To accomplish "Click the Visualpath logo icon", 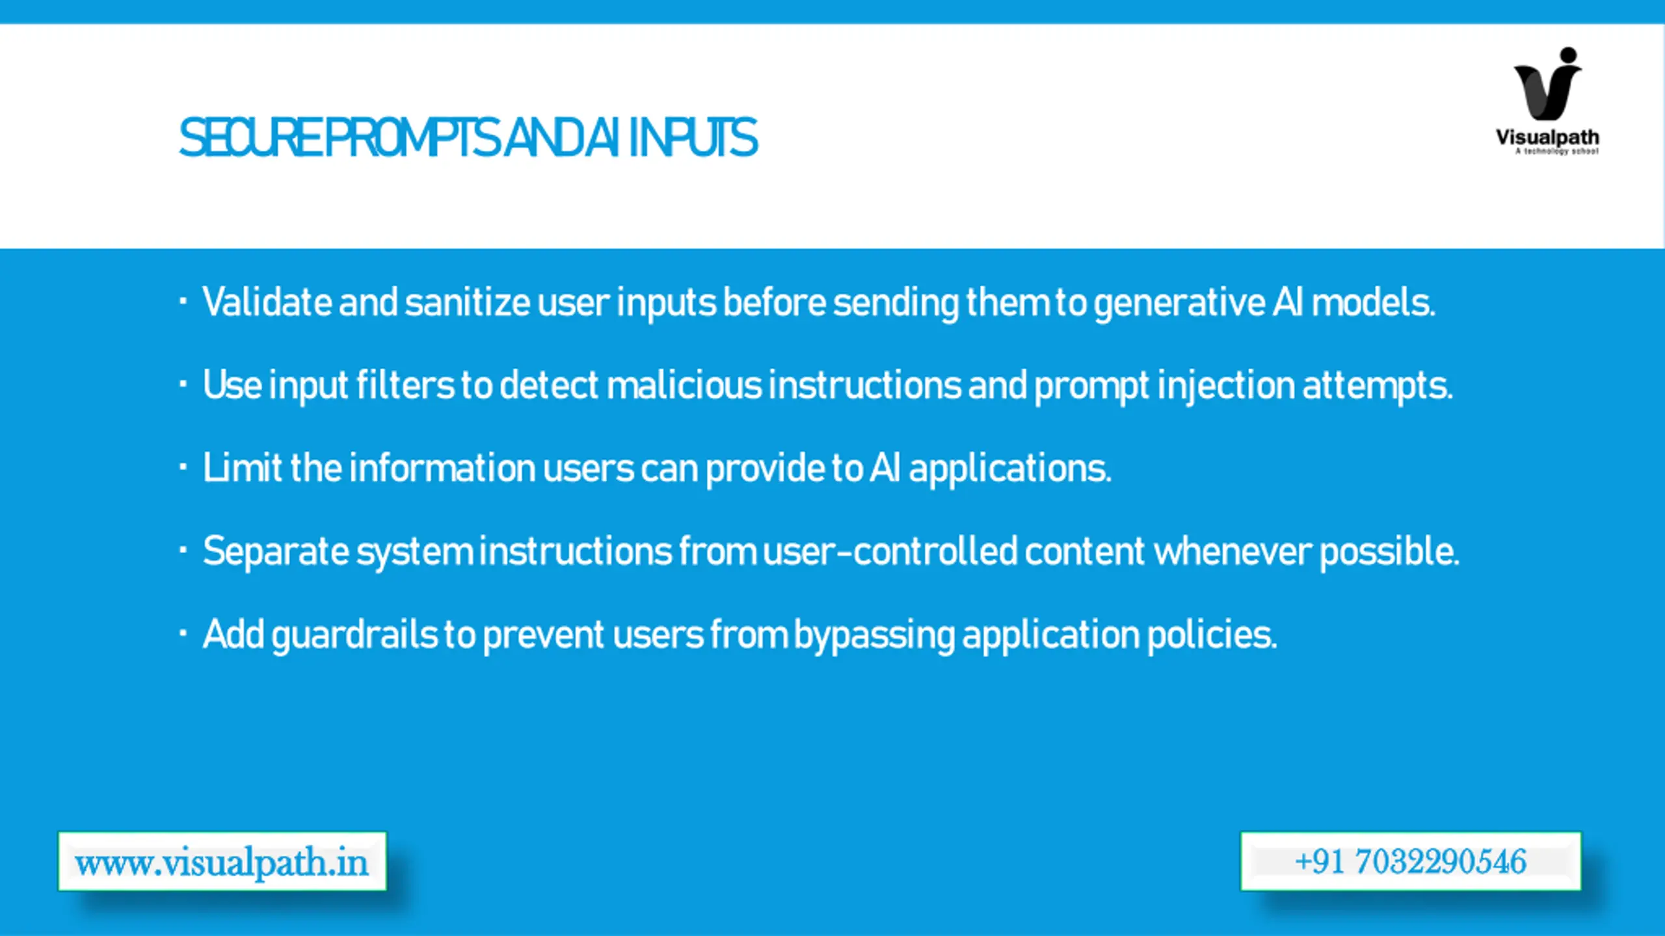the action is (1548, 84).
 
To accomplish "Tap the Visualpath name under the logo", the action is (1547, 138).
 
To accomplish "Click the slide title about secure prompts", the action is (468, 138).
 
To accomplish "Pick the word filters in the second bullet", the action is (405, 385).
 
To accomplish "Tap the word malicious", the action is (684, 385).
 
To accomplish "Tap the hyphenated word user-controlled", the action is (890, 551).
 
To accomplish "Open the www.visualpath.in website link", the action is (222, 862).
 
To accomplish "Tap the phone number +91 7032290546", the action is (1410, 861).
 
